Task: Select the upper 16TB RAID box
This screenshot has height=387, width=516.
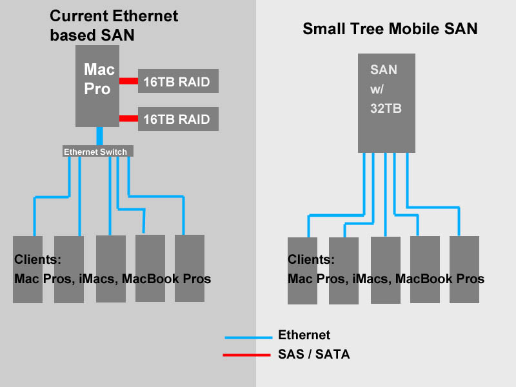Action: click(x=178, y=81)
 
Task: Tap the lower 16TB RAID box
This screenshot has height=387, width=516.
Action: click(x=178, y=119)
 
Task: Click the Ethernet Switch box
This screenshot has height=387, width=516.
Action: click(x=99, y=152)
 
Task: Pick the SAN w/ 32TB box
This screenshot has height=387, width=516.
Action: click(x=386, y=103)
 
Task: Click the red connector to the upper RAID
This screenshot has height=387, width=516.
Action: click(x=128, y=81)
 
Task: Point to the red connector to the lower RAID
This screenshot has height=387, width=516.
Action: click(x=128, y=119)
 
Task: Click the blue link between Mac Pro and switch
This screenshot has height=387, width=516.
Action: click(x=99, y=136)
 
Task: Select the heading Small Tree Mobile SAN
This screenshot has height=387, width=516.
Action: click(x=390, y=29)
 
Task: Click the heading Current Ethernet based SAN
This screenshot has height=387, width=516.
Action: click(x=114, y=25)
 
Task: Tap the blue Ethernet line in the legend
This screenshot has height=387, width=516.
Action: click(x=248, y=337)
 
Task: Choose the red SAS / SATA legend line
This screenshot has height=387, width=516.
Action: click(x=246, y=355)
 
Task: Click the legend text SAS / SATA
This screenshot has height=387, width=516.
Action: click(x=314, y=354)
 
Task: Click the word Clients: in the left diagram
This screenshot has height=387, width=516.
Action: click(x=37, y=260)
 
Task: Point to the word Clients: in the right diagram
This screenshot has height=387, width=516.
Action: click(x=311, y=260)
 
